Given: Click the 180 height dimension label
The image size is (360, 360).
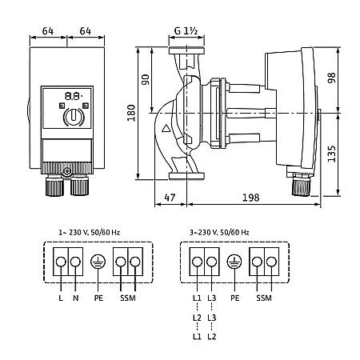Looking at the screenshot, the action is [131, 113].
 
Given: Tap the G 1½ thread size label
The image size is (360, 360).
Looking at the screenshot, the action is [186, 31].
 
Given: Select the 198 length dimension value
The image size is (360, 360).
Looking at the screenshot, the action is [250, 198].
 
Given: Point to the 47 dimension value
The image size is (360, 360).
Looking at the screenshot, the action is [170, 198].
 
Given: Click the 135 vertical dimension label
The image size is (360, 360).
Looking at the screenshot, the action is [331, 154].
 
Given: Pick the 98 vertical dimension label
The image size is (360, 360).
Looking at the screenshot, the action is [331, 78].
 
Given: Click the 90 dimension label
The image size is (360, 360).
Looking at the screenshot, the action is [146, 80].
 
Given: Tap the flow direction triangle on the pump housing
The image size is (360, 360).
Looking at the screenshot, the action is [166, 129].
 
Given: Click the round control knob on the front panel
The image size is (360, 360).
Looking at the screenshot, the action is [74, 117].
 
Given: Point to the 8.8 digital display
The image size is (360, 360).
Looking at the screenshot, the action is [74, 96].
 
